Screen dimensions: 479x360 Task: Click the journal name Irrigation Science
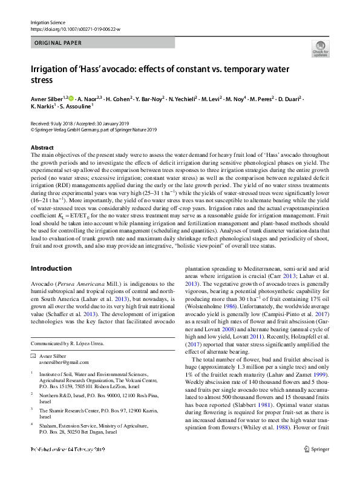[x=47, y=22]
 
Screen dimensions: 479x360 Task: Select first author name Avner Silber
[x=48, y=97]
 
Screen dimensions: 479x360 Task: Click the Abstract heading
[x=42, y=147]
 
